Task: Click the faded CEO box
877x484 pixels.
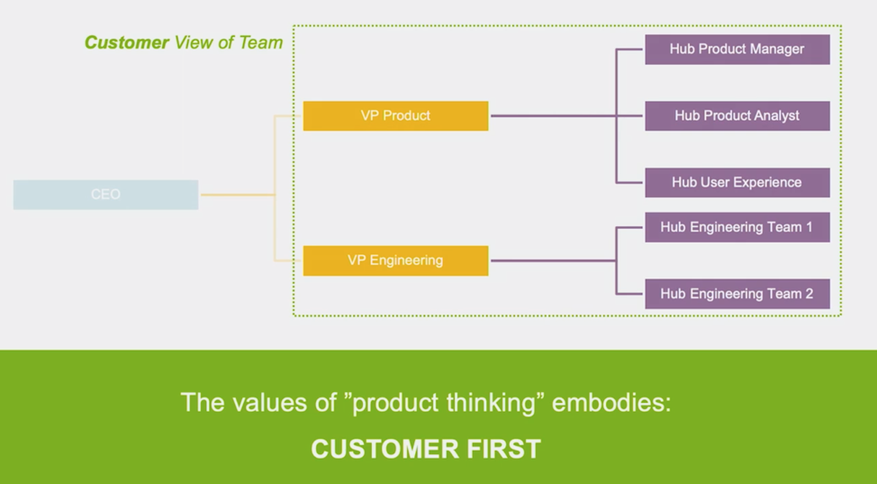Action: (x=105, y=195)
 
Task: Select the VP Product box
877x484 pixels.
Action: (x=395, y=115)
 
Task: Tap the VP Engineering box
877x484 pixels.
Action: (x=395, y=260)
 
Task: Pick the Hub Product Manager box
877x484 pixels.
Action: (x=737, y=50)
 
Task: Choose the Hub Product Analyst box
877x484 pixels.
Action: (x=737, y=116)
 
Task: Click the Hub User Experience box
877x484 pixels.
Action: (x=737, y=182)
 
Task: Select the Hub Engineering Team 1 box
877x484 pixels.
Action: (x=737, y=227)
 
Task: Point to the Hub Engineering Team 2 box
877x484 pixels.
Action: (x=737, y=294)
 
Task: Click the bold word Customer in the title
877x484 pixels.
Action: (x=127, y=42)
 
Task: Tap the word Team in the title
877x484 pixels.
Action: (x=260, y=42)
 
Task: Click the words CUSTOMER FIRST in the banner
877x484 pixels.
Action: (x=426, y=449)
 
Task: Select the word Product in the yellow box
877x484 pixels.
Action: (x=407, y=115)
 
